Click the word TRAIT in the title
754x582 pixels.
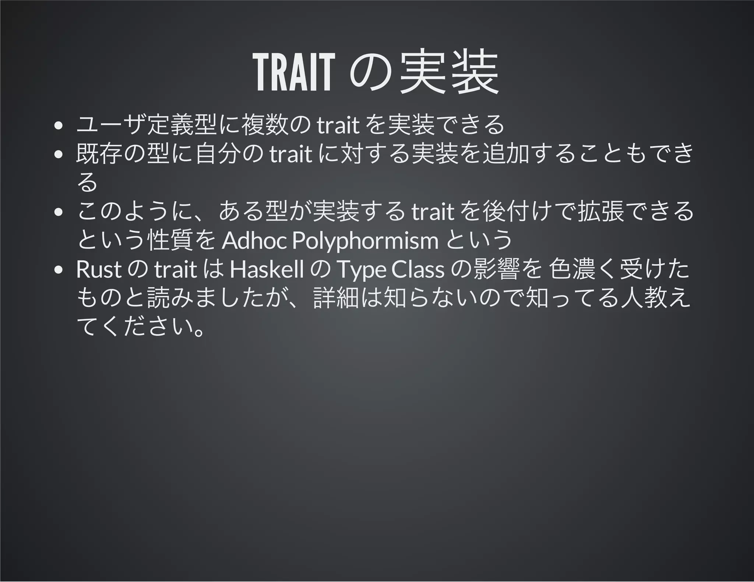click(x=293, y=72)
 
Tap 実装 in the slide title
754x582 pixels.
click(x=449, y=72)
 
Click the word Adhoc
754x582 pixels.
click(x=254, y=241)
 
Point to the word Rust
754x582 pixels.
click(x=99, y=270)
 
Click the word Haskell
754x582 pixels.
click(x=267, y=270)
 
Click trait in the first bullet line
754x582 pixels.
click(x=338, y=125)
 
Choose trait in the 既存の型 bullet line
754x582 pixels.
click(x=291, y=155)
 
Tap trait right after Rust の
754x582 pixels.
click(x=176, y=270)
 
